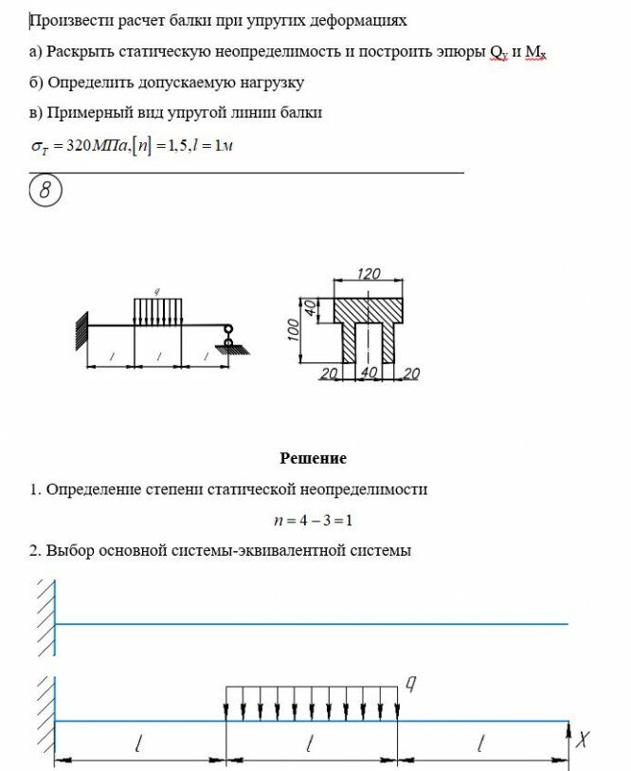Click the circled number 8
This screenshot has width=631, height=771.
point(45,192)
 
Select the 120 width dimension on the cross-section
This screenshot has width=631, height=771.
point(369,274)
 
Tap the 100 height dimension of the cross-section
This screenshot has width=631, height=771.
point(295,328)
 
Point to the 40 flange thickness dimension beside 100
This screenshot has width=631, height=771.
point(310,308)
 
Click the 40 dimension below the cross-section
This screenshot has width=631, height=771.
point(370,374)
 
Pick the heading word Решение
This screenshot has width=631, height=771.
point(314,458)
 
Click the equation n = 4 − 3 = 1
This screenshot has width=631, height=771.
point(313,520)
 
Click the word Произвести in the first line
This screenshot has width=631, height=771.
point(67,20)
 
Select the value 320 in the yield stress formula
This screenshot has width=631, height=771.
point(72,145)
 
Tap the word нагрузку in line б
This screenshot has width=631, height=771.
point(270,83)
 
